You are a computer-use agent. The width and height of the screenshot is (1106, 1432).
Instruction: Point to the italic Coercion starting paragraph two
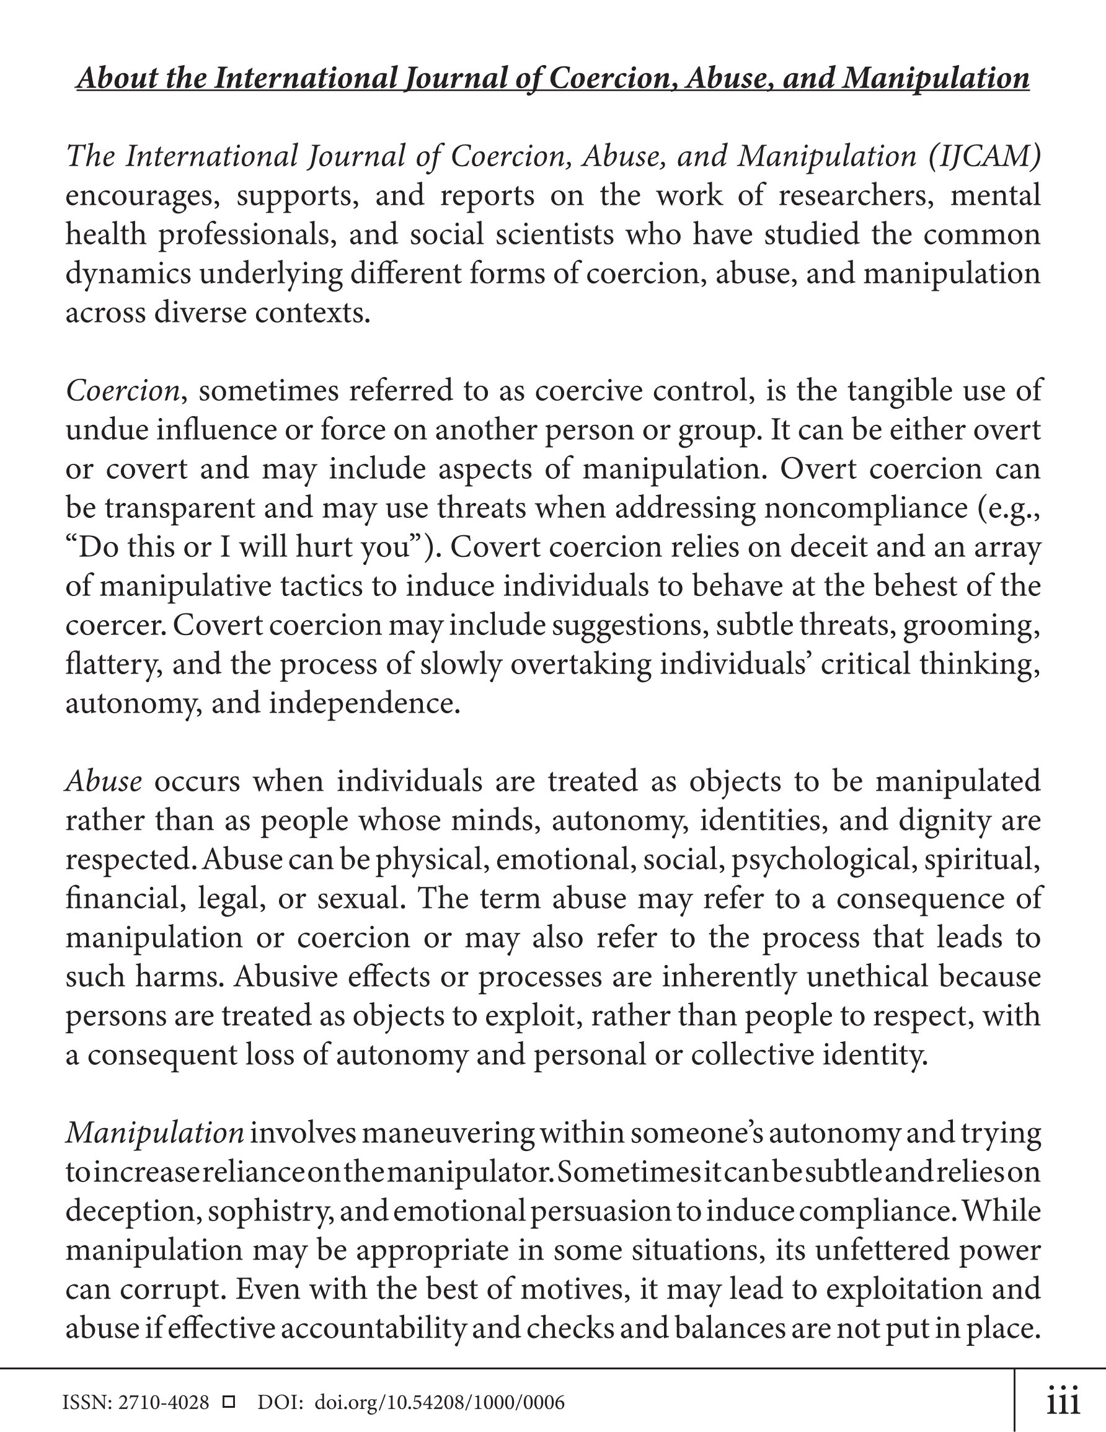tap(123, 391)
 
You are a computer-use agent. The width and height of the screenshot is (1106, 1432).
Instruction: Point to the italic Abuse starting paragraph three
tap(104, 781)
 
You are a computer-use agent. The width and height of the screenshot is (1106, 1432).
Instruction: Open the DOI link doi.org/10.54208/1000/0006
tap(440, 1402)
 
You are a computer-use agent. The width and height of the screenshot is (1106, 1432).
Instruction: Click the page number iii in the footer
tap(1063, 1402)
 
